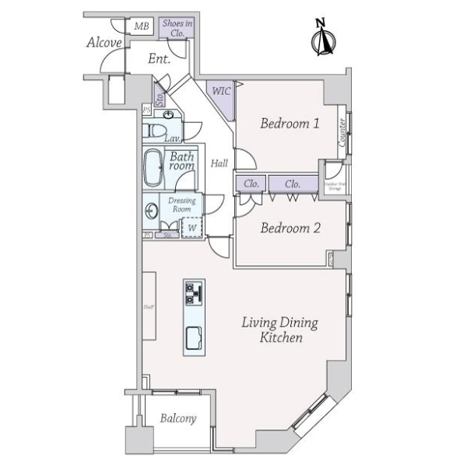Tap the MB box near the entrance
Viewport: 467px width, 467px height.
(141, 27)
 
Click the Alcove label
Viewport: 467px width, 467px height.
(104, 43)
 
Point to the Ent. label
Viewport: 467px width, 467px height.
(159, 58)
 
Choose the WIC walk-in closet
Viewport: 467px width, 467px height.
(220, 92)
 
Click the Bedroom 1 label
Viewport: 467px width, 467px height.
(290, 123)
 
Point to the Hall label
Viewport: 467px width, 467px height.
(219, 163)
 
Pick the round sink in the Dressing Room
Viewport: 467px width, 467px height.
(149, 209)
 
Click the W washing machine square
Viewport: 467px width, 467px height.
(191, 226)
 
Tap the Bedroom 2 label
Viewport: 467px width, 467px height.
(290, 228)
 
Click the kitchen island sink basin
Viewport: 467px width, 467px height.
(193, 339)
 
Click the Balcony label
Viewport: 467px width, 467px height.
(178, 419)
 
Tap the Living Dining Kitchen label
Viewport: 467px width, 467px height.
(279, 331)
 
